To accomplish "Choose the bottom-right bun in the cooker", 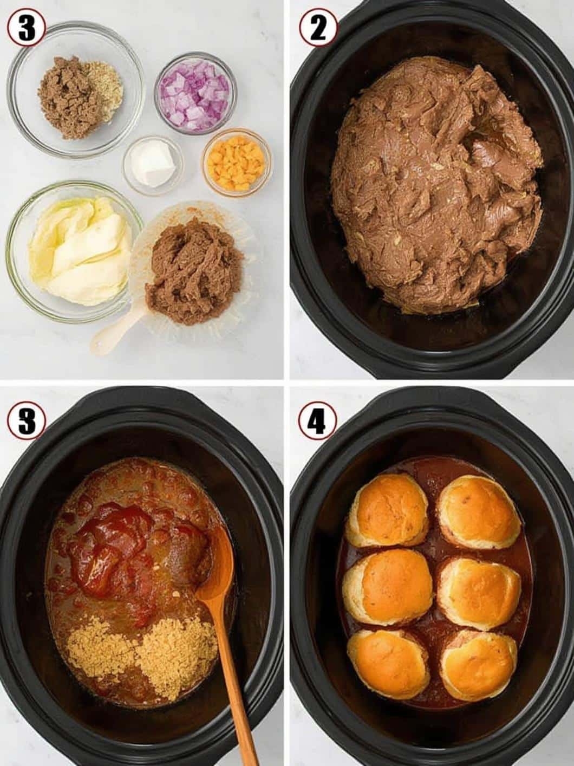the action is (x=479, y=670).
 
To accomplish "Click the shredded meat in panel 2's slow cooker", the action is (x=436, y=181).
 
